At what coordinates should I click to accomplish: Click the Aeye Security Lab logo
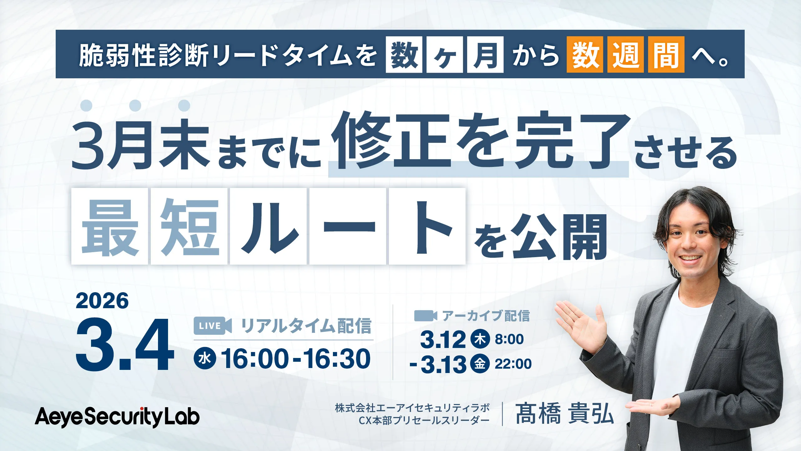click(x=117, y=417)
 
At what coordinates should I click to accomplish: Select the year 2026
click(x=102, y=301)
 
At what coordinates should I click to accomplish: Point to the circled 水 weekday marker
click(x=205, y=358)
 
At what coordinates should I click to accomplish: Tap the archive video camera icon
click(x=426, y=316)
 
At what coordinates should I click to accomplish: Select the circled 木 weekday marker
click(x=480, y=339)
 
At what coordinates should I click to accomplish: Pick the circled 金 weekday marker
click(x=480, y=364)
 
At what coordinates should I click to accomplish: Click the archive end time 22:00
click(x=513, y=364)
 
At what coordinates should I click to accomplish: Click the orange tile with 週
click(x=625, y=54)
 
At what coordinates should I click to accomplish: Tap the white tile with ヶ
click(x=445, y=54)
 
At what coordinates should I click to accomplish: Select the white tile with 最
click(x=110, y=226)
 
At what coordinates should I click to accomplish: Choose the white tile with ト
click(x=427, y=226)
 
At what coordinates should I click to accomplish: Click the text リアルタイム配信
click(x=306, y=326)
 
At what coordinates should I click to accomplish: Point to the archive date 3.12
click(x=443, y=340)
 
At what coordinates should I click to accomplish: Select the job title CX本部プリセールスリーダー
click(x=424, y=420)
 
